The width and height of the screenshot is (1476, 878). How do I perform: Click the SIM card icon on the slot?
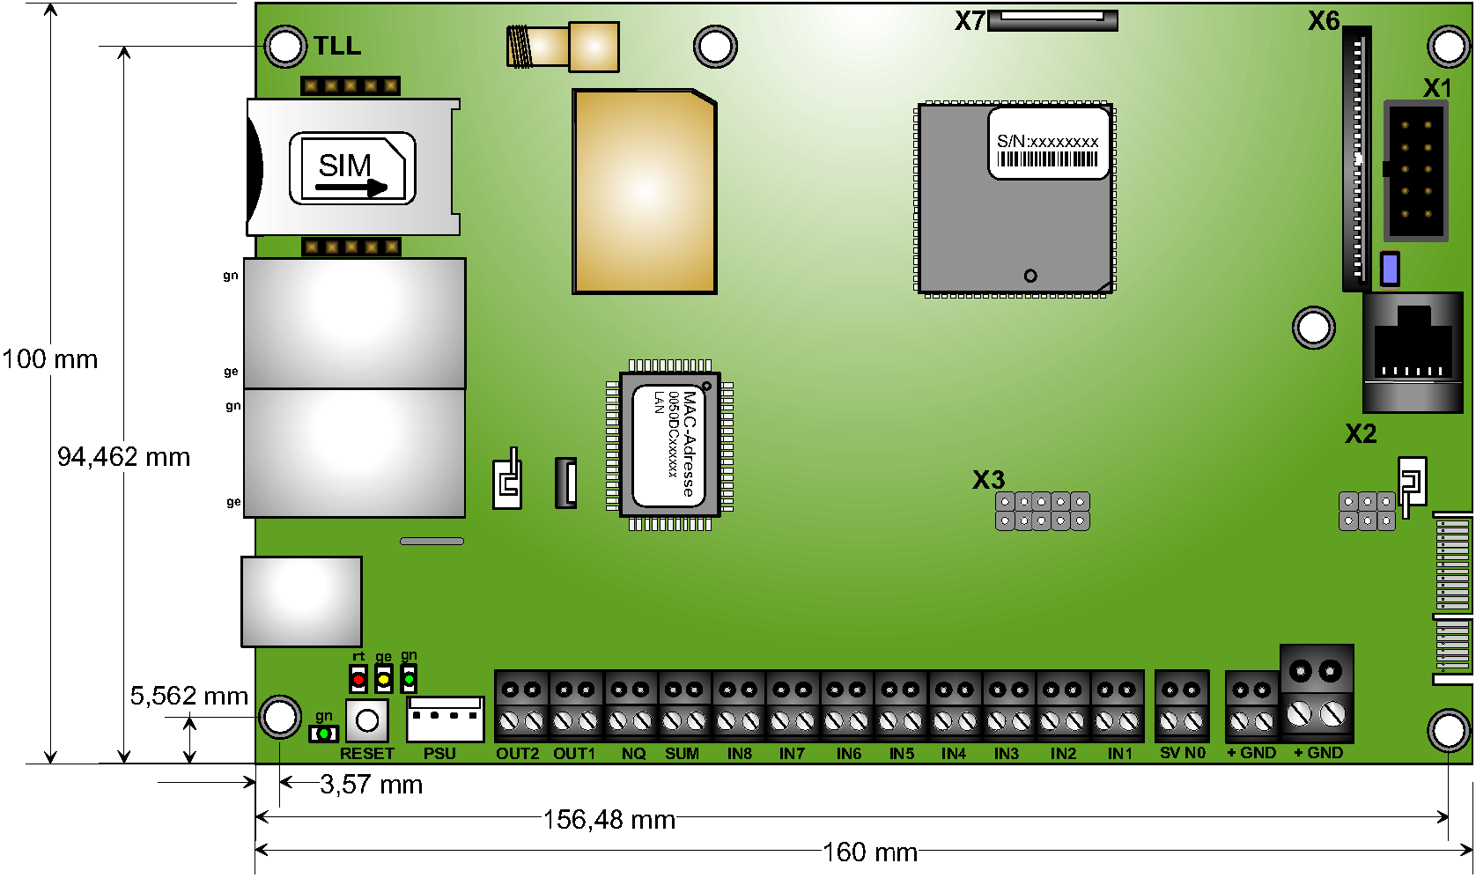(x=352, y=168)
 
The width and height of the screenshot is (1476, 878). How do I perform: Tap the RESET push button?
(x=367, y=720)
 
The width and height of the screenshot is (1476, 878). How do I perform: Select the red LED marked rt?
(x=358, y=679)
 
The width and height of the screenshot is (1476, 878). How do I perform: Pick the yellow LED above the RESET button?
(x=383, y=679)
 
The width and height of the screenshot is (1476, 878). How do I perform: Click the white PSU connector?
(x=446, y=719)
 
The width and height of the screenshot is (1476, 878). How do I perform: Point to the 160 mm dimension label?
(x=870, y=852)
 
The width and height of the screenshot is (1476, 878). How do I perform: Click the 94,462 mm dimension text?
(x=124, y=456)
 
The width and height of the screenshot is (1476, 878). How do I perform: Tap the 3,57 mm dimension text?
(x=371, y=785)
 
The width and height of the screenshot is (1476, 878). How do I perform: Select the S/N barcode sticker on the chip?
(x=1048, y=143)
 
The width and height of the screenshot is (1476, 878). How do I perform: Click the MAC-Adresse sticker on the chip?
(x=668, y=446)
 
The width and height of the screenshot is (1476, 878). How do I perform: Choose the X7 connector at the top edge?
(x=1052, y=19)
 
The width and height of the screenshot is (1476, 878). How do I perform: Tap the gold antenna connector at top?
(x=563, y=47)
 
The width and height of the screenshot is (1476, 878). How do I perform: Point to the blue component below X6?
(x=1390, y=269)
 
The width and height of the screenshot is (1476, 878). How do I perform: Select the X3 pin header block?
(x=1042, y=511)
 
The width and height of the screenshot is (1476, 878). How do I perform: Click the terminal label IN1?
(x=1120, y=754)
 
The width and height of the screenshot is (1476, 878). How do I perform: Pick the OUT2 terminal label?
(x=517, y=754)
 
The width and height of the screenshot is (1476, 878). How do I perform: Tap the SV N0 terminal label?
(x=1182, y=753)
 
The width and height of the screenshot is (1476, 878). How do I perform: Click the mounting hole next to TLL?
(x=285, y=46)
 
